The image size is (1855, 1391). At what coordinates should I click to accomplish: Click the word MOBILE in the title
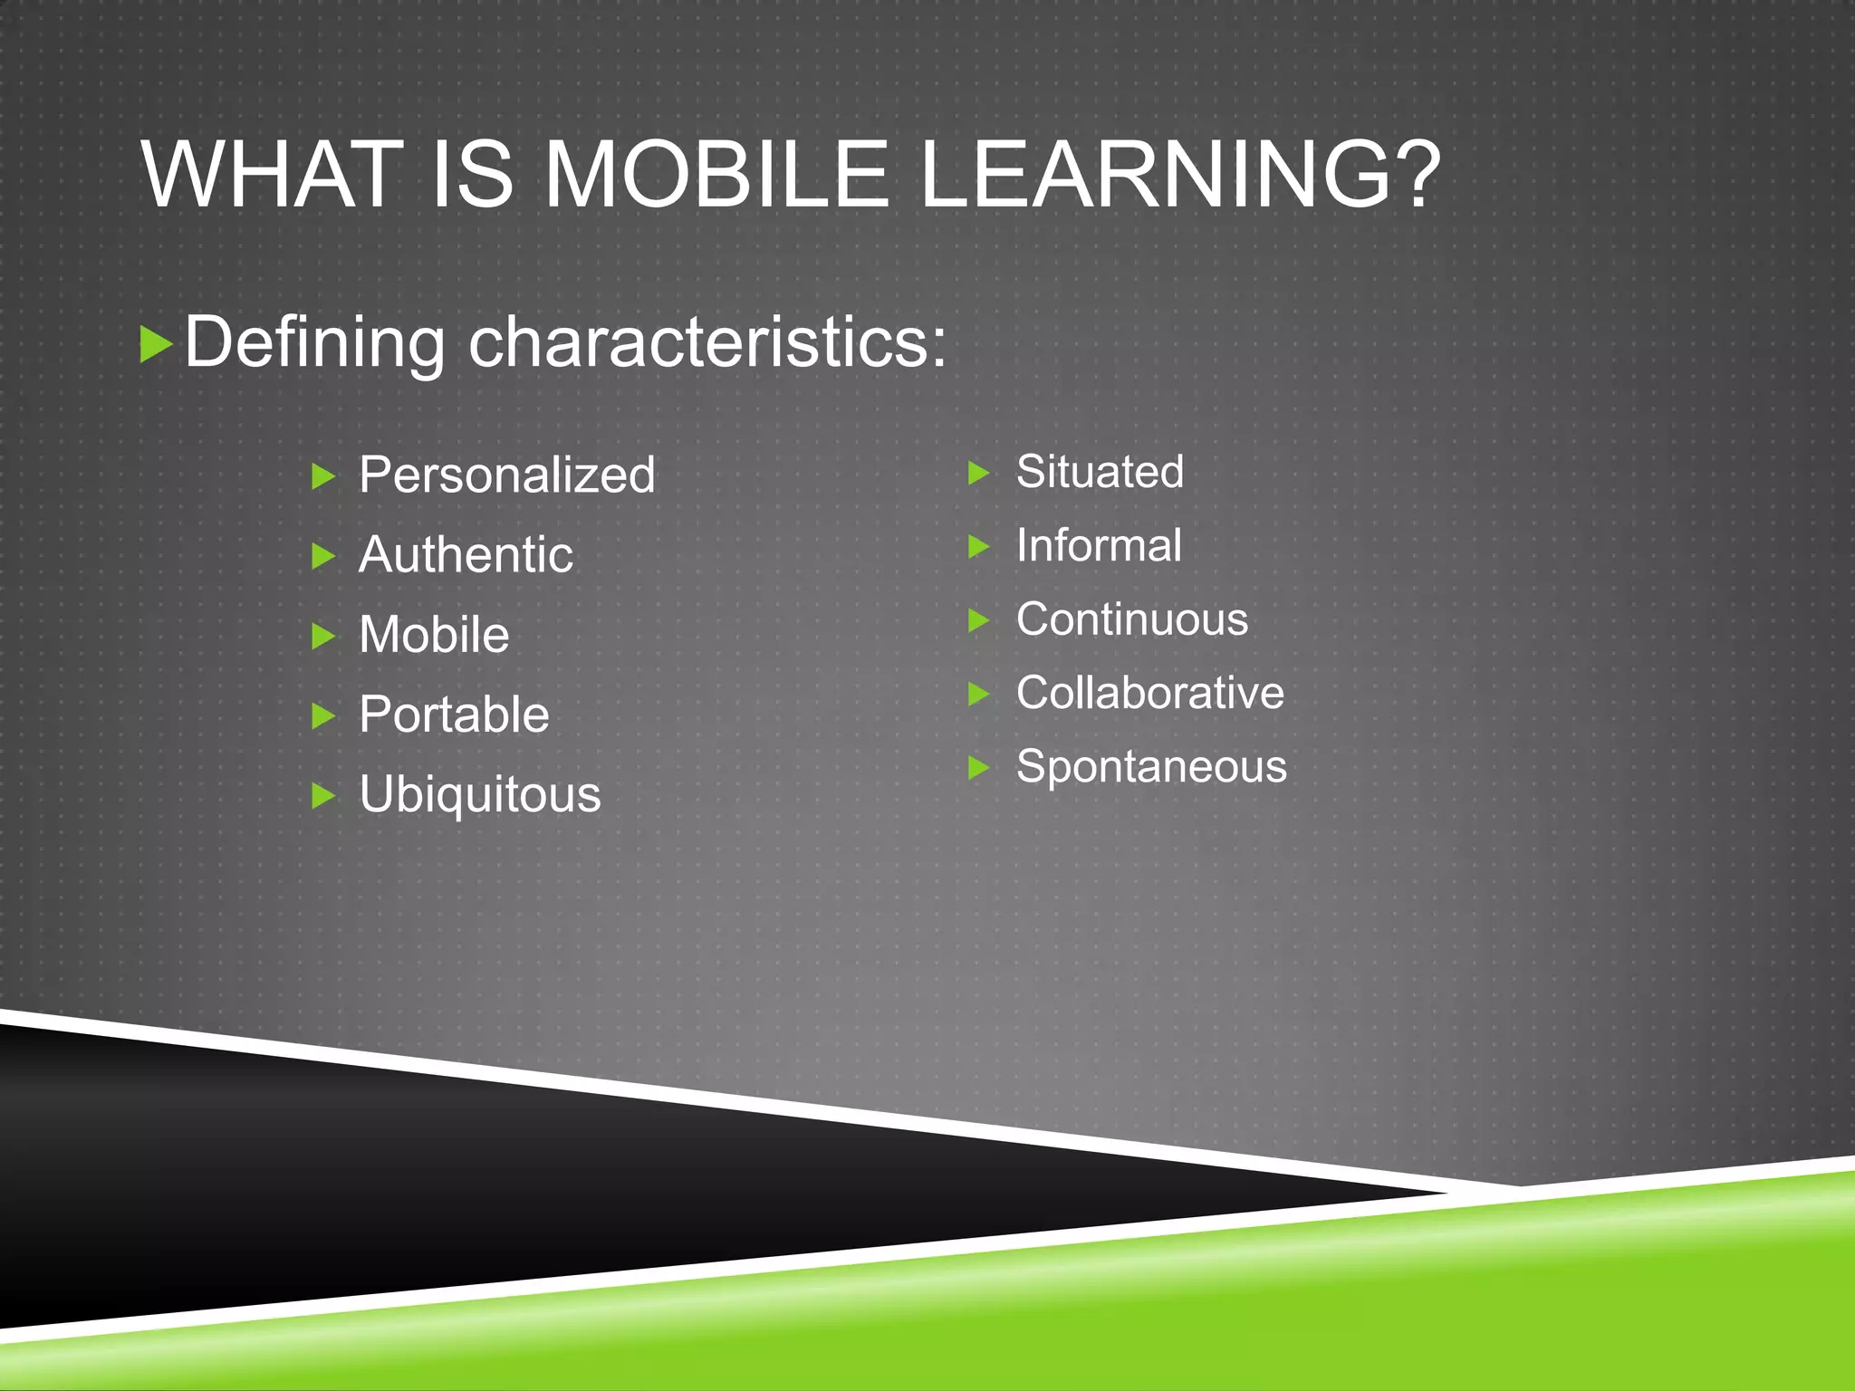(x=716, y=174)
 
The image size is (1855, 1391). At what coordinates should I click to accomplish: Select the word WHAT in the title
(x=272, y=174)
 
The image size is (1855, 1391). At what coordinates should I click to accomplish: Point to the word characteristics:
(x=707, y=343)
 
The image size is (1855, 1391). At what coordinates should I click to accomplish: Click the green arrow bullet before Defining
(x=156, y=345)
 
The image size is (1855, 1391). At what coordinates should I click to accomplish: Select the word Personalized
(x=506, y=475)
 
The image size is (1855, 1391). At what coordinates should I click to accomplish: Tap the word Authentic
(x=466, y=554)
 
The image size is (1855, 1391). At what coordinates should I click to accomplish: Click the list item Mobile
(x=434, y=634)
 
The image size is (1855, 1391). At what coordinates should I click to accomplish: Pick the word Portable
(x=454, y=715)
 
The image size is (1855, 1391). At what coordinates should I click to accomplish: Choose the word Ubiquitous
(x=479, y=794)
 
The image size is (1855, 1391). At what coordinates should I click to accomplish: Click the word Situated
(x=1100, y=472)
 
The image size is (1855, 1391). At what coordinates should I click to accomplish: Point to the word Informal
(x=1099, y=545)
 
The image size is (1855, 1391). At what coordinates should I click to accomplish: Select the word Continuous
(x=1132, y=619)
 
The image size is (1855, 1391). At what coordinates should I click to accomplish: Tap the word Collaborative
(x=1150, y=693)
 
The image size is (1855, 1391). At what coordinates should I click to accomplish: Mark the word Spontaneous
(x=1151, y=767)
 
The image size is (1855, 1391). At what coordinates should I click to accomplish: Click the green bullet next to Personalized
(x=323, y=476)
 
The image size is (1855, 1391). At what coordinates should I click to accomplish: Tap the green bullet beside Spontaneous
(x=979, y=768)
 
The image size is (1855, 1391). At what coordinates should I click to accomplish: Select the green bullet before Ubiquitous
(x=323, y=796)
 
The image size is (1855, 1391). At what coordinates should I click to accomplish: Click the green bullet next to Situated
(x=979, y=473)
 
